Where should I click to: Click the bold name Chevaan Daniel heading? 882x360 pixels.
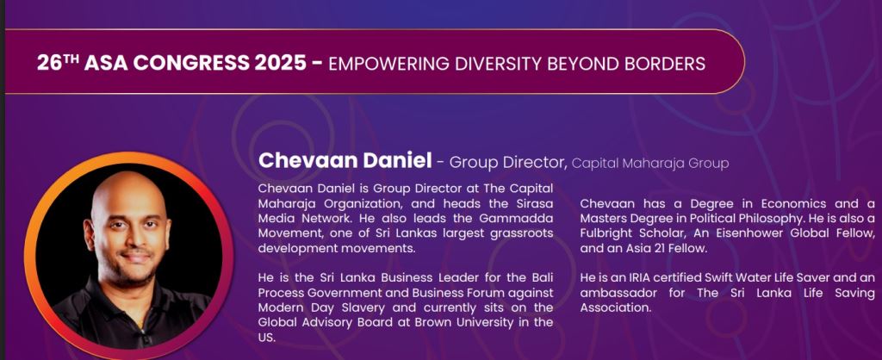[345, 161]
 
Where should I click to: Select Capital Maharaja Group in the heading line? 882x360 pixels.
[650, 164]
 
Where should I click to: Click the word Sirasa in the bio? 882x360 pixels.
[535, 203]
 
